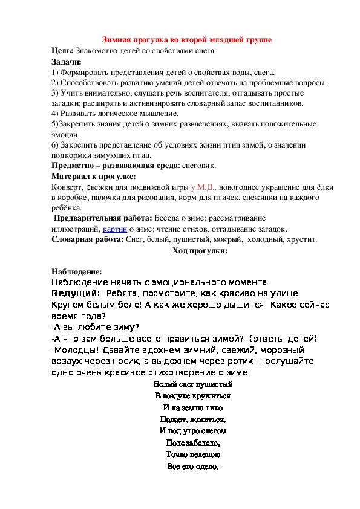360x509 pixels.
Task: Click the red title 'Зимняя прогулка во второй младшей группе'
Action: (x=186, y=40)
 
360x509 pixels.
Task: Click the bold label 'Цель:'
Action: (x=63, y=51)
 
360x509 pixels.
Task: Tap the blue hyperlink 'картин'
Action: (x=114, y=229)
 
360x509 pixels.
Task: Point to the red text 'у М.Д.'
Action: (x=205, y=187)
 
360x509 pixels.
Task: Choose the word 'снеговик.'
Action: (x=198, y=165)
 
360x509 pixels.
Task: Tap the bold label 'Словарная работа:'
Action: (x=87, y=239)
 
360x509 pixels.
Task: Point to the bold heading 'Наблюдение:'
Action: (x=73, y=271)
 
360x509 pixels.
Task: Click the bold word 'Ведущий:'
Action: (x=74, y=293)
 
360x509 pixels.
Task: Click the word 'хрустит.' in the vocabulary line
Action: (x=300, y=239)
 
